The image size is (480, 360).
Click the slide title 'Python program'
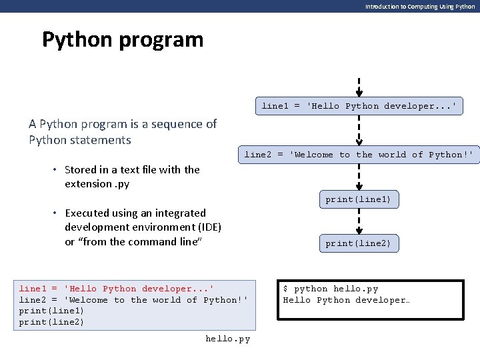click(x=123, y=39)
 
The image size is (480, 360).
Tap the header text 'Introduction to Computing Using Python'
click(x=420, y=7)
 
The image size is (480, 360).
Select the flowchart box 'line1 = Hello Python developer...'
click(x=359, y=106)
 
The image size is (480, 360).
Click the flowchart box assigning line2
click(x=359, y=155)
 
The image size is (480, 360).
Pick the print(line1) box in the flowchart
click(x=359, y=199)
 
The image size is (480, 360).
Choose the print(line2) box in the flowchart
click(x=359, y=243)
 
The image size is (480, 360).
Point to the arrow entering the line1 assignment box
click(x=359, y=87)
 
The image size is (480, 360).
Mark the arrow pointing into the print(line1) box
click(x=359, y=177)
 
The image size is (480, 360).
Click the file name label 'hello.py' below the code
click(x=227, y=339)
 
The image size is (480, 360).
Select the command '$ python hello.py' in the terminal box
click(x=331, y=289)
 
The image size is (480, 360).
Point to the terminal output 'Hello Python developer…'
click(x=346, y=300)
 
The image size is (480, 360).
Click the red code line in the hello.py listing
click(x=116, y=289)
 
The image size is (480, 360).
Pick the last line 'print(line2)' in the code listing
click(x=51, y=322)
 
